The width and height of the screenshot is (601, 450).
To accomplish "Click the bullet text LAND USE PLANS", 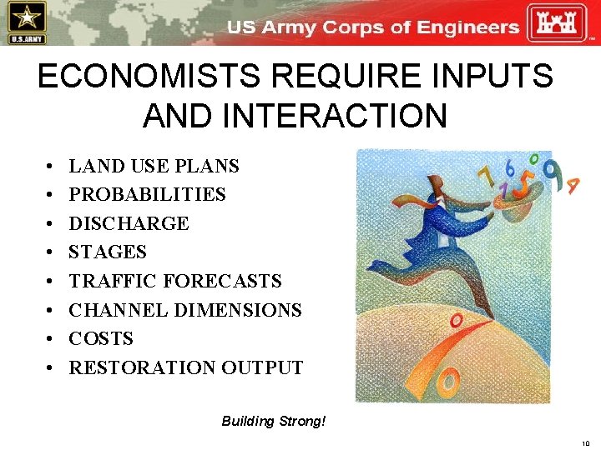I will click(154, 166).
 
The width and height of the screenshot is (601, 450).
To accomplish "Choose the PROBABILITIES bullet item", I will click(147, 195).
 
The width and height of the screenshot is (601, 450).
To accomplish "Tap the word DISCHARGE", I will click(129, 223).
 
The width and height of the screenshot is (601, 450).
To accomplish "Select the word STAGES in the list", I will click(108, 252).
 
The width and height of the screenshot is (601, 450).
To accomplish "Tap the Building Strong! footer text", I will click(274, 421).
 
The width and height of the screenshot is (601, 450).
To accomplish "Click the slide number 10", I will click(585, 443).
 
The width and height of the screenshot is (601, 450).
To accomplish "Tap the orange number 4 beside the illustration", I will click(573, 185).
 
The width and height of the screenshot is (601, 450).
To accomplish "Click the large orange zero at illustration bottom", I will click(447, 382).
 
